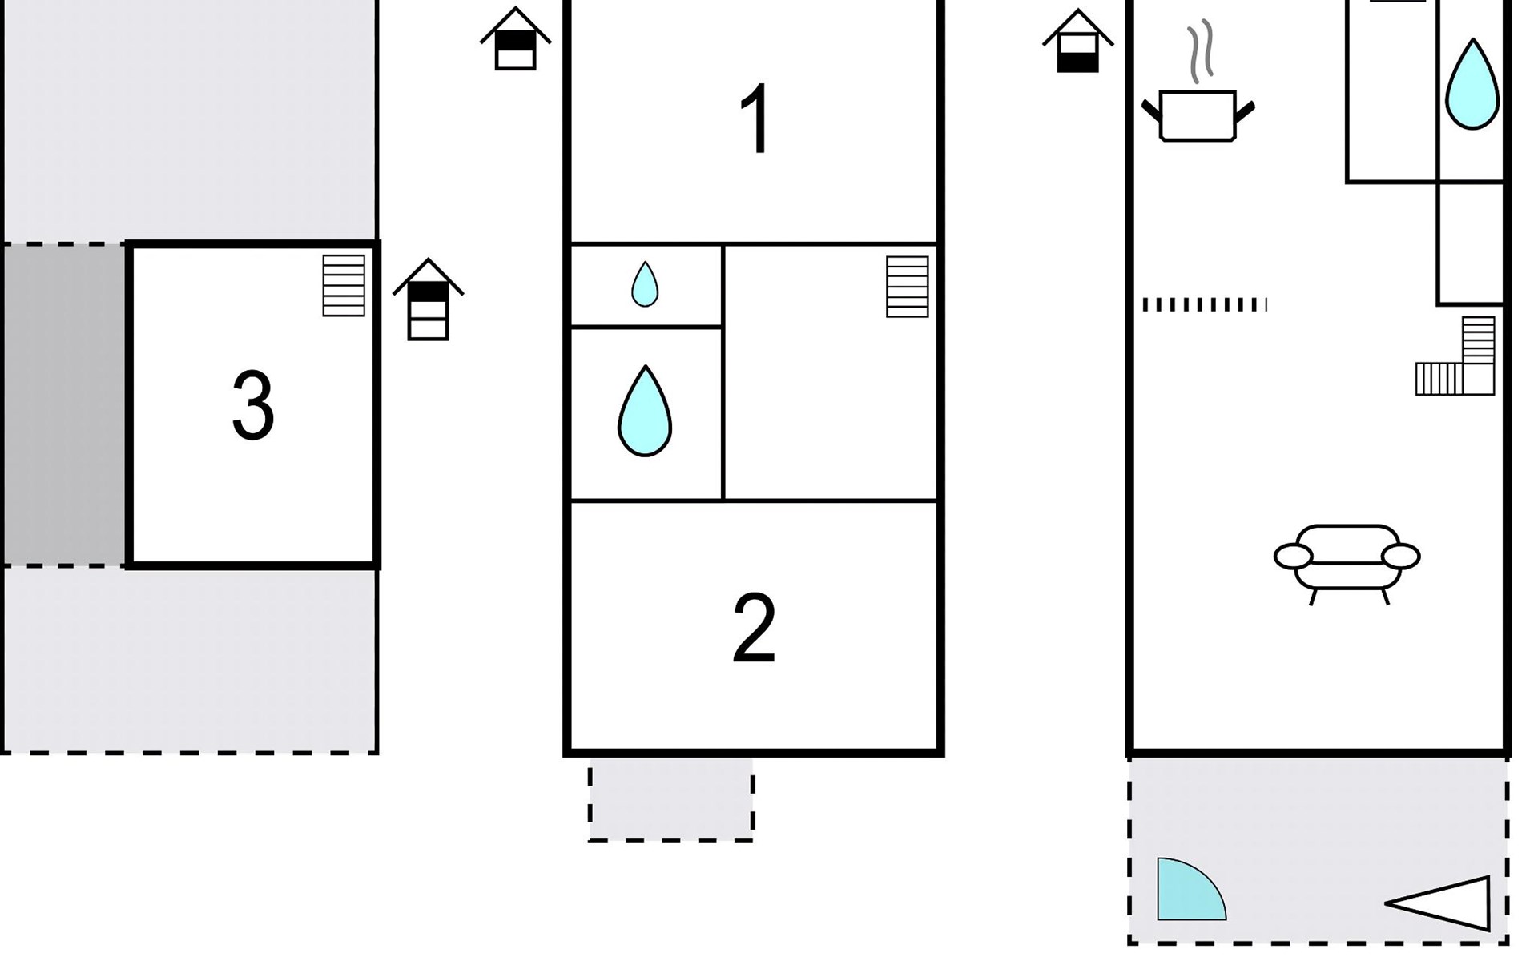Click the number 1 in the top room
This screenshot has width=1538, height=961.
point(756,119)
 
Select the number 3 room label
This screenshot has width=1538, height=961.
point(253,405)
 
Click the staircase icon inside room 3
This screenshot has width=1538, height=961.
point(344,285)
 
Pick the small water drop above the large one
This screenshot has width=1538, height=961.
point(645,284)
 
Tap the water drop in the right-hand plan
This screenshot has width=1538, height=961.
point(1472,84)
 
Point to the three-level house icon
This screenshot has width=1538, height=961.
point(428,300)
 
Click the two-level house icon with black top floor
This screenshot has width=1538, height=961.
point(516,38)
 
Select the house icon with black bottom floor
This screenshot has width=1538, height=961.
point(1078,41)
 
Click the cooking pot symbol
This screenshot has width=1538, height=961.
point(1198,116)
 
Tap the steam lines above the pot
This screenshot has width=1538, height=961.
point(1199,52)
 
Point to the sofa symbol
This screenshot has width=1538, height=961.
point(1347,564)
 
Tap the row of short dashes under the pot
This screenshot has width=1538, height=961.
point(1205,304)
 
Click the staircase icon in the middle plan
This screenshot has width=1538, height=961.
point(908,287)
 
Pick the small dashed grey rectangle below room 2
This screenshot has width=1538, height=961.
point(671,799)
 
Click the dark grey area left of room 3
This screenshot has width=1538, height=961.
point(63,404)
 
